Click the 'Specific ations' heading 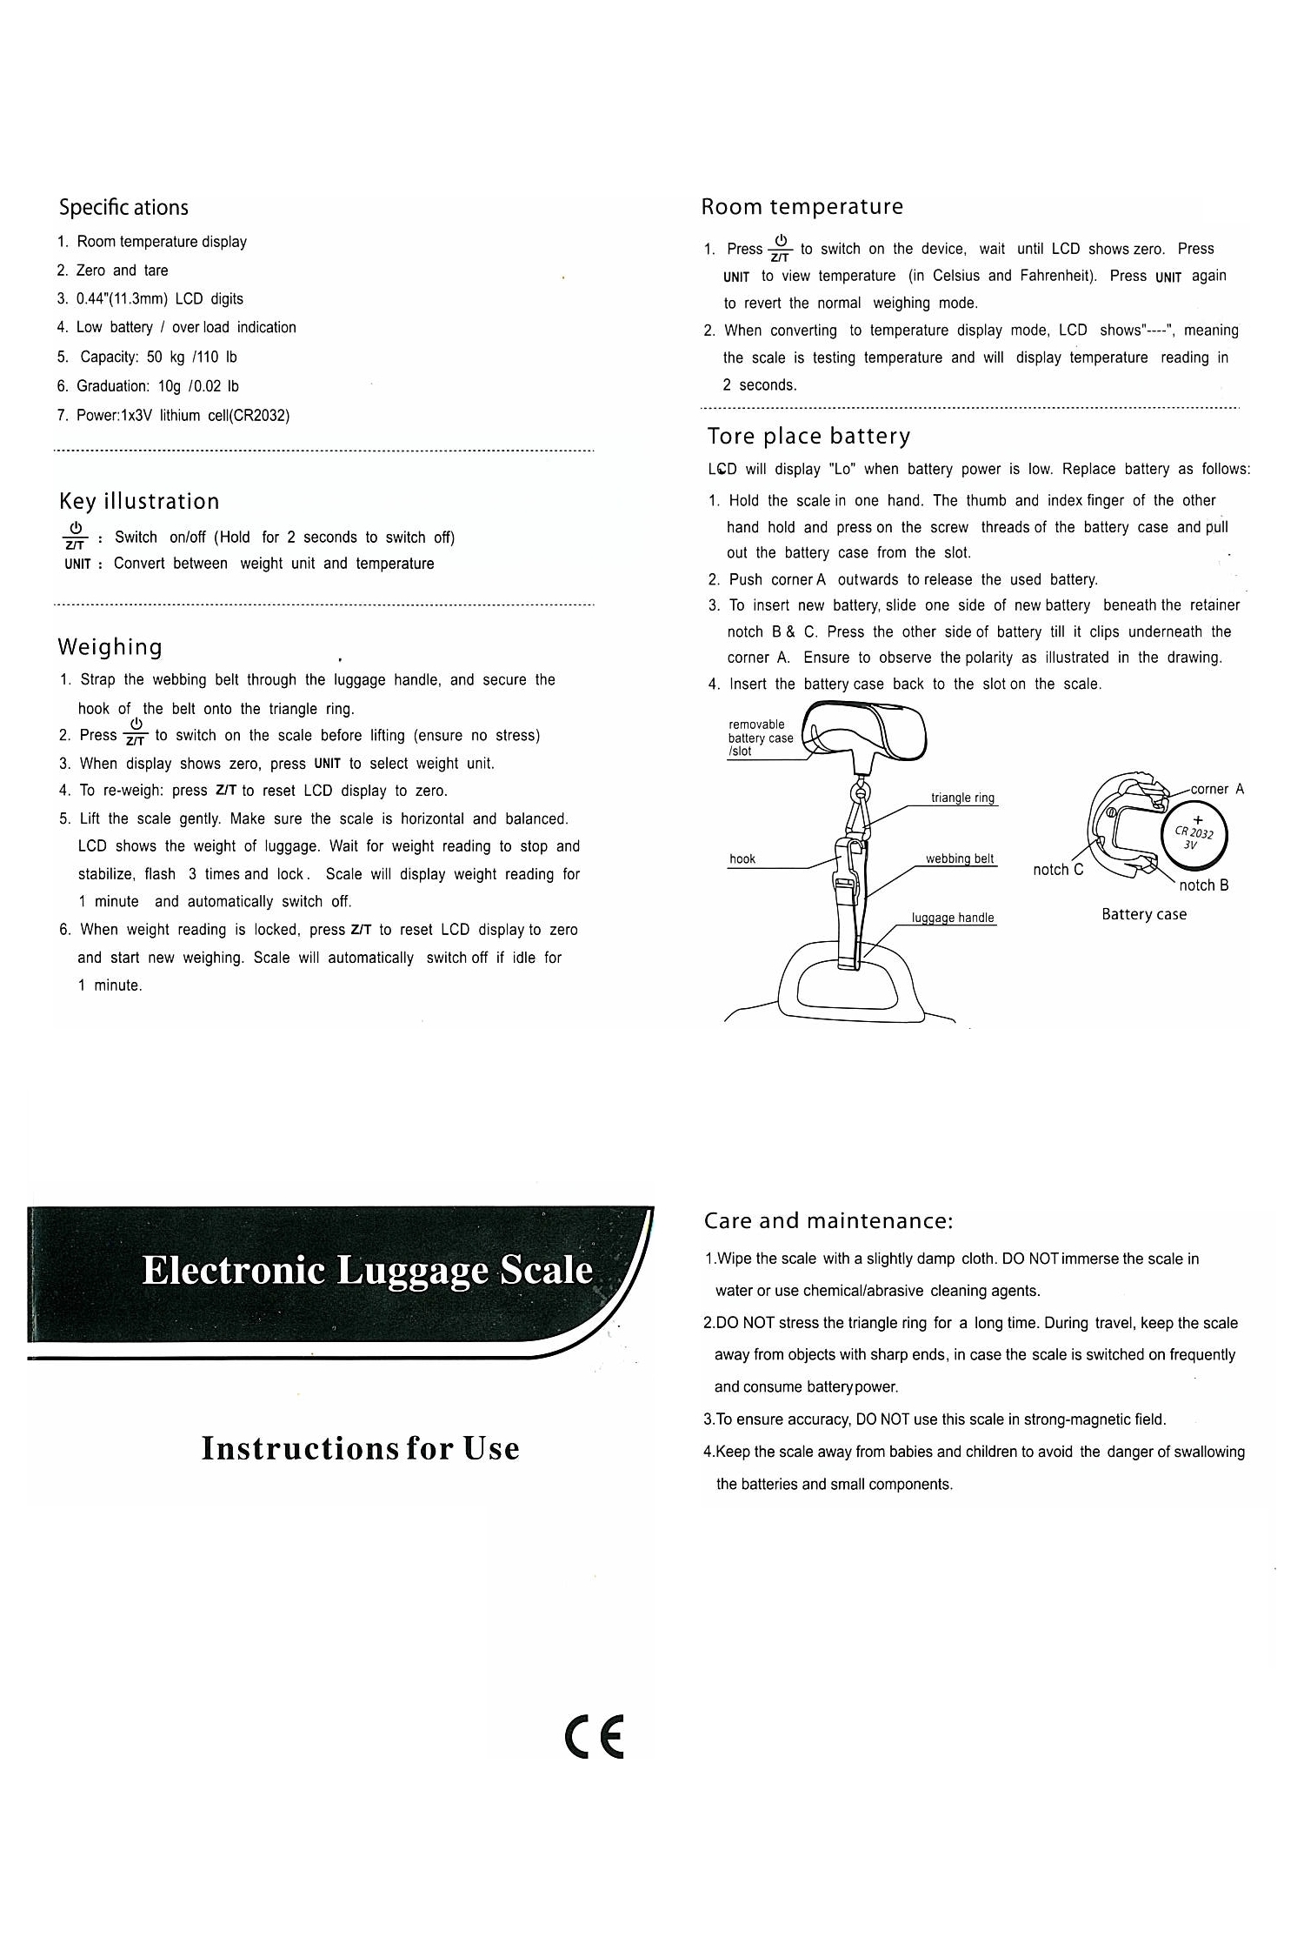tap(123, 208)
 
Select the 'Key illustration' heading tap(139, 502)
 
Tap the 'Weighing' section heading tap(110, 647)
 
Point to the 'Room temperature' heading tap(802, 207)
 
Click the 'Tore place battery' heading tap(808, 436)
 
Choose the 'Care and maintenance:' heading tap(828, 1221)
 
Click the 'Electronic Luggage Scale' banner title tap(367, 1271)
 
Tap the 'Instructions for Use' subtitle tap(360, 1448)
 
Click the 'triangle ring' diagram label tap(962, 798)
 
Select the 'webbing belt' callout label tap(959, 858)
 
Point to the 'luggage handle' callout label tap(952, 918)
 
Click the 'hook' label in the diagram tap(742, 858)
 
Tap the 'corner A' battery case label tap(1217, 789)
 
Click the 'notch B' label tap(1203, 885)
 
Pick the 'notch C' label tap(1058, 870)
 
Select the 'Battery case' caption tap(1143, 914)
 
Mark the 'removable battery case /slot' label tap(760, 738)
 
